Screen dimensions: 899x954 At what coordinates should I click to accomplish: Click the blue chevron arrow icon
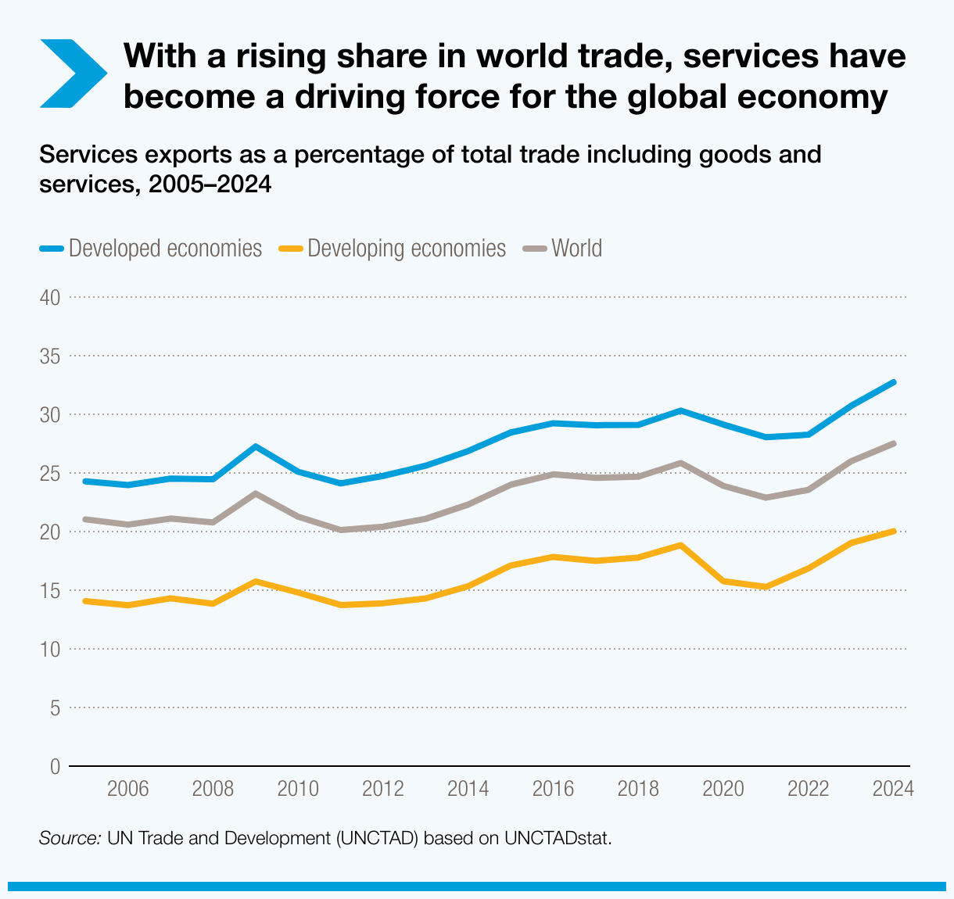(72, 73)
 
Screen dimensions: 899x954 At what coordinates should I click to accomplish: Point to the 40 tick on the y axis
(50, 298)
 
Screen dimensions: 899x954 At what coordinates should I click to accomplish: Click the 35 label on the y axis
(50, 356)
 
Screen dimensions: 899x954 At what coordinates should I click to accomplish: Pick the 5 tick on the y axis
(55, 708)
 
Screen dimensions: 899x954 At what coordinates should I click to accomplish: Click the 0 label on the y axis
(55, 767)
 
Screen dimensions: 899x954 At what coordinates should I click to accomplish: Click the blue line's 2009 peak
(256, 446)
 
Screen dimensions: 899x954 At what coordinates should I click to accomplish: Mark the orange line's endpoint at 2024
(893, 532)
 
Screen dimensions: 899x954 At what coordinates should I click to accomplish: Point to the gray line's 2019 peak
(680, 463)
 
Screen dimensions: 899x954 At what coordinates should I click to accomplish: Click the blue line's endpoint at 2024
(893, 382)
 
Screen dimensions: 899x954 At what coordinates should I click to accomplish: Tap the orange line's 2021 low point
(766, 587)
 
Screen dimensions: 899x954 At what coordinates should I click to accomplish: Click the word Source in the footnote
(70, 838)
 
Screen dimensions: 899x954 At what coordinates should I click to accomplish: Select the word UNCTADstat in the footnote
(557, 838)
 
